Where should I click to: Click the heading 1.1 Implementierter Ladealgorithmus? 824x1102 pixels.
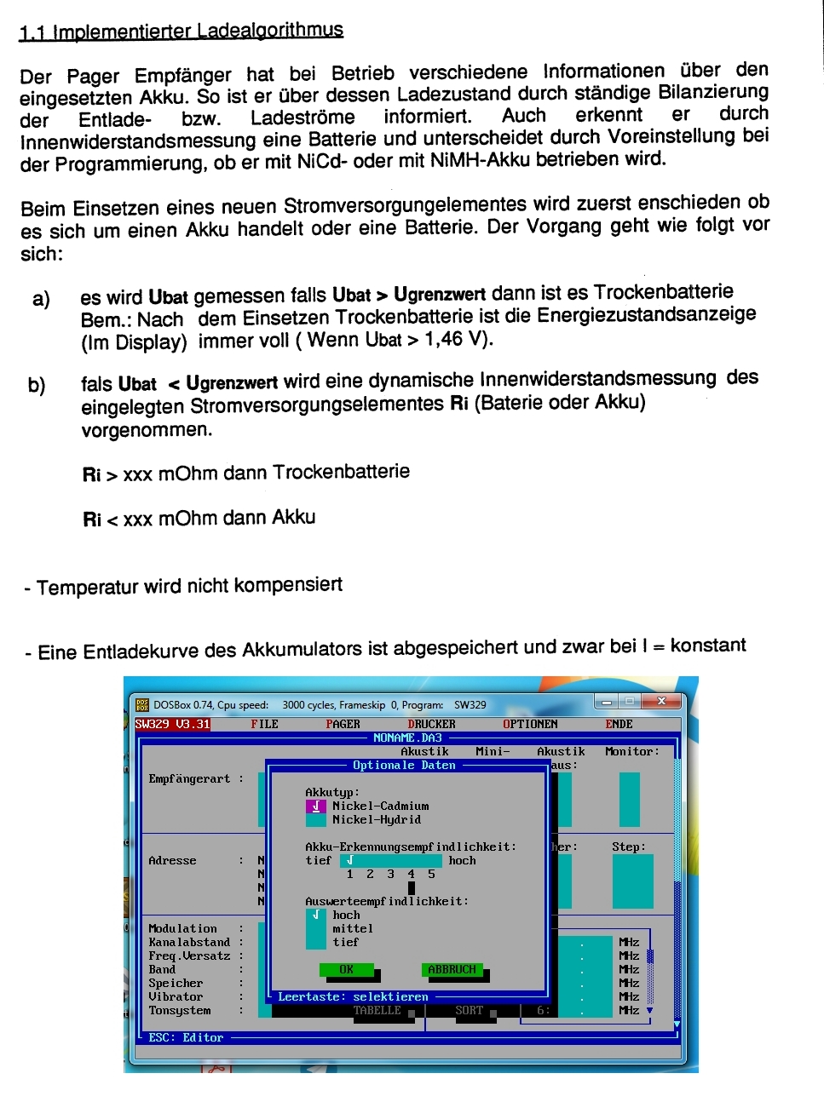click(181, 32)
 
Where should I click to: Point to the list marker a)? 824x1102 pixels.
click(41, 299)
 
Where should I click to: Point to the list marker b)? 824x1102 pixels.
click(37, 385)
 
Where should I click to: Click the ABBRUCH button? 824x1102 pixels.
click(452, 970)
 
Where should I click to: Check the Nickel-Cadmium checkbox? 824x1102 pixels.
click(315, 806)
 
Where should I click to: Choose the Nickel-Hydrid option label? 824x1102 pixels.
click(376, 820)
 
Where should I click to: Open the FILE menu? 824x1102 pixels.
click(264, 725)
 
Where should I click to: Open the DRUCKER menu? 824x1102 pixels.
click(431, 725)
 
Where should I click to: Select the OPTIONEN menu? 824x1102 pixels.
click(530, 725)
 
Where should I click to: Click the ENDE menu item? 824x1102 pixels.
click(619, 725)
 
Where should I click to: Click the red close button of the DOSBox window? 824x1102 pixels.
click(661, 702)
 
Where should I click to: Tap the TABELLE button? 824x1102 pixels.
click(377, 1011)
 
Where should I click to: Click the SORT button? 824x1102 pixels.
click(469, 1011)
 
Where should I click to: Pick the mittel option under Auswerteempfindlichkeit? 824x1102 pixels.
click(353, 929)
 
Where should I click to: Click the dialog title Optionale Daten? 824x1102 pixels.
click(404, 766)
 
